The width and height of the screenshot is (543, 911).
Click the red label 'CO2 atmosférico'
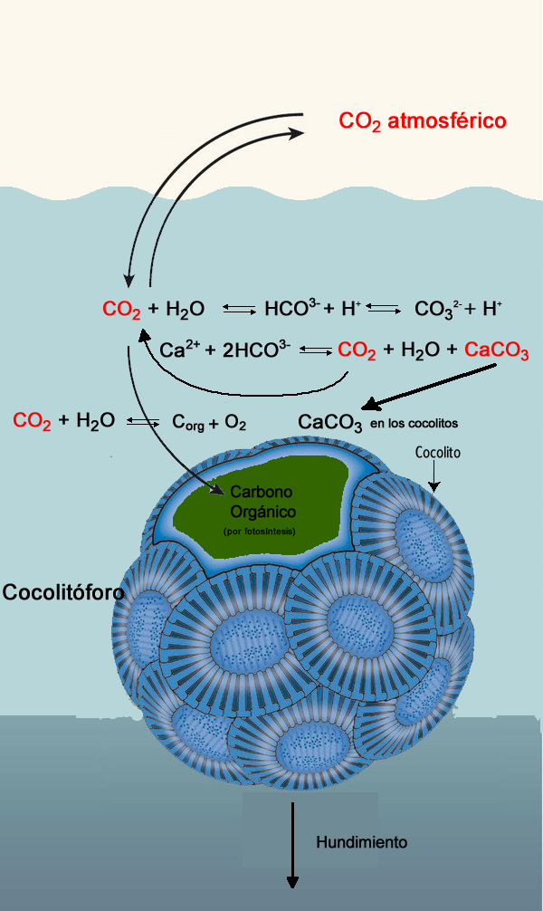422,120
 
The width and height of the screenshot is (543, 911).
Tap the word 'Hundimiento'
361,842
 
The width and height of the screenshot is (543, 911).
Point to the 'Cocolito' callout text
439,452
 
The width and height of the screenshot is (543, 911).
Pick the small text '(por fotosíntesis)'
259,531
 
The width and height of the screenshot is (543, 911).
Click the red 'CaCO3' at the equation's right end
496,351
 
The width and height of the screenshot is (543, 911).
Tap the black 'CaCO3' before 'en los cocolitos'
330,423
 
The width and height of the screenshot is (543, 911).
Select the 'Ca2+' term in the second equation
178,350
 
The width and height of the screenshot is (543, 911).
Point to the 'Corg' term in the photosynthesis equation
189,422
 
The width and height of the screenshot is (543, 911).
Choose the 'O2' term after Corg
235,422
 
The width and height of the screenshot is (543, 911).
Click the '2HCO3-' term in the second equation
256,350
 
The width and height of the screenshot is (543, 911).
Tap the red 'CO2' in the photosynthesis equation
32,421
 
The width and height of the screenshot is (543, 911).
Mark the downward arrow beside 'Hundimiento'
292,842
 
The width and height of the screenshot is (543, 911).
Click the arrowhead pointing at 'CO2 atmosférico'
296,132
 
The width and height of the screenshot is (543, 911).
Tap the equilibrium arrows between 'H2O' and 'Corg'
143,422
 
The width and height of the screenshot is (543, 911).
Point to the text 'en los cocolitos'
414,424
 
